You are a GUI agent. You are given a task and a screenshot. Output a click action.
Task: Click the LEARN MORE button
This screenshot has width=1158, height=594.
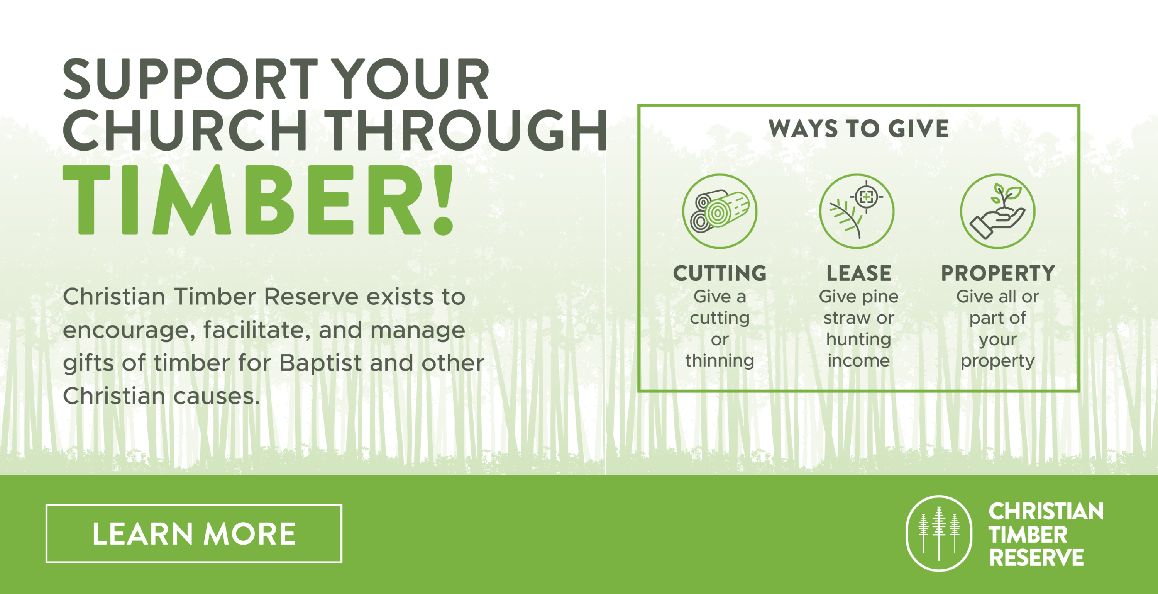tap(194, 533)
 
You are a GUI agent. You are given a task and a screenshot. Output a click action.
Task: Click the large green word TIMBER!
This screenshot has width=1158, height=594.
tap(259, 200)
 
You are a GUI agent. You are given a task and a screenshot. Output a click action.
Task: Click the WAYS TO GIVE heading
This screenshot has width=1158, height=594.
tap(858, 129)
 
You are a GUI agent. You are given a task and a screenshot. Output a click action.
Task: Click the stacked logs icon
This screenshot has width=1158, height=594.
tap(720, 211)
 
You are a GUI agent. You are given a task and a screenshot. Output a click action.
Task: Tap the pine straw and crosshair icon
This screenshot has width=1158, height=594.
tap(857, 211)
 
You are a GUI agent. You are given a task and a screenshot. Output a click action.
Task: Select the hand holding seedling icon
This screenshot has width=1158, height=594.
tap(997, 211)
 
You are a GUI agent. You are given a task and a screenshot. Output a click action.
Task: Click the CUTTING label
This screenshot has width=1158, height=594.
tap(720, 273)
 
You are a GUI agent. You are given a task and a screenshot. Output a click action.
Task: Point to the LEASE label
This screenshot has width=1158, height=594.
tap(858, 273)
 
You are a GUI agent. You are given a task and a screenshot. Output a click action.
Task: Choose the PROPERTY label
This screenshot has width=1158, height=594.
tap(998, 273)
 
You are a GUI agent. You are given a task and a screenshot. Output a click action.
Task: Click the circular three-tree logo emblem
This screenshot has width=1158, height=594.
tap(939, 533)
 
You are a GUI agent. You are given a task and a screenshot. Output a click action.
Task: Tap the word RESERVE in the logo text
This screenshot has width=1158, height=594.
tap(1036, 558)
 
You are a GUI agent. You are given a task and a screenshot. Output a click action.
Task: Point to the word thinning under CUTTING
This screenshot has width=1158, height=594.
tap(720, 361)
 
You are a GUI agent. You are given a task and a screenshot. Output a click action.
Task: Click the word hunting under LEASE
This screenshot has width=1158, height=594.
tap(858, 339)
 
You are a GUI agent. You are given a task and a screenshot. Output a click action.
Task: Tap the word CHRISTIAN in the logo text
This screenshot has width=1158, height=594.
tap(1046, 512)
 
